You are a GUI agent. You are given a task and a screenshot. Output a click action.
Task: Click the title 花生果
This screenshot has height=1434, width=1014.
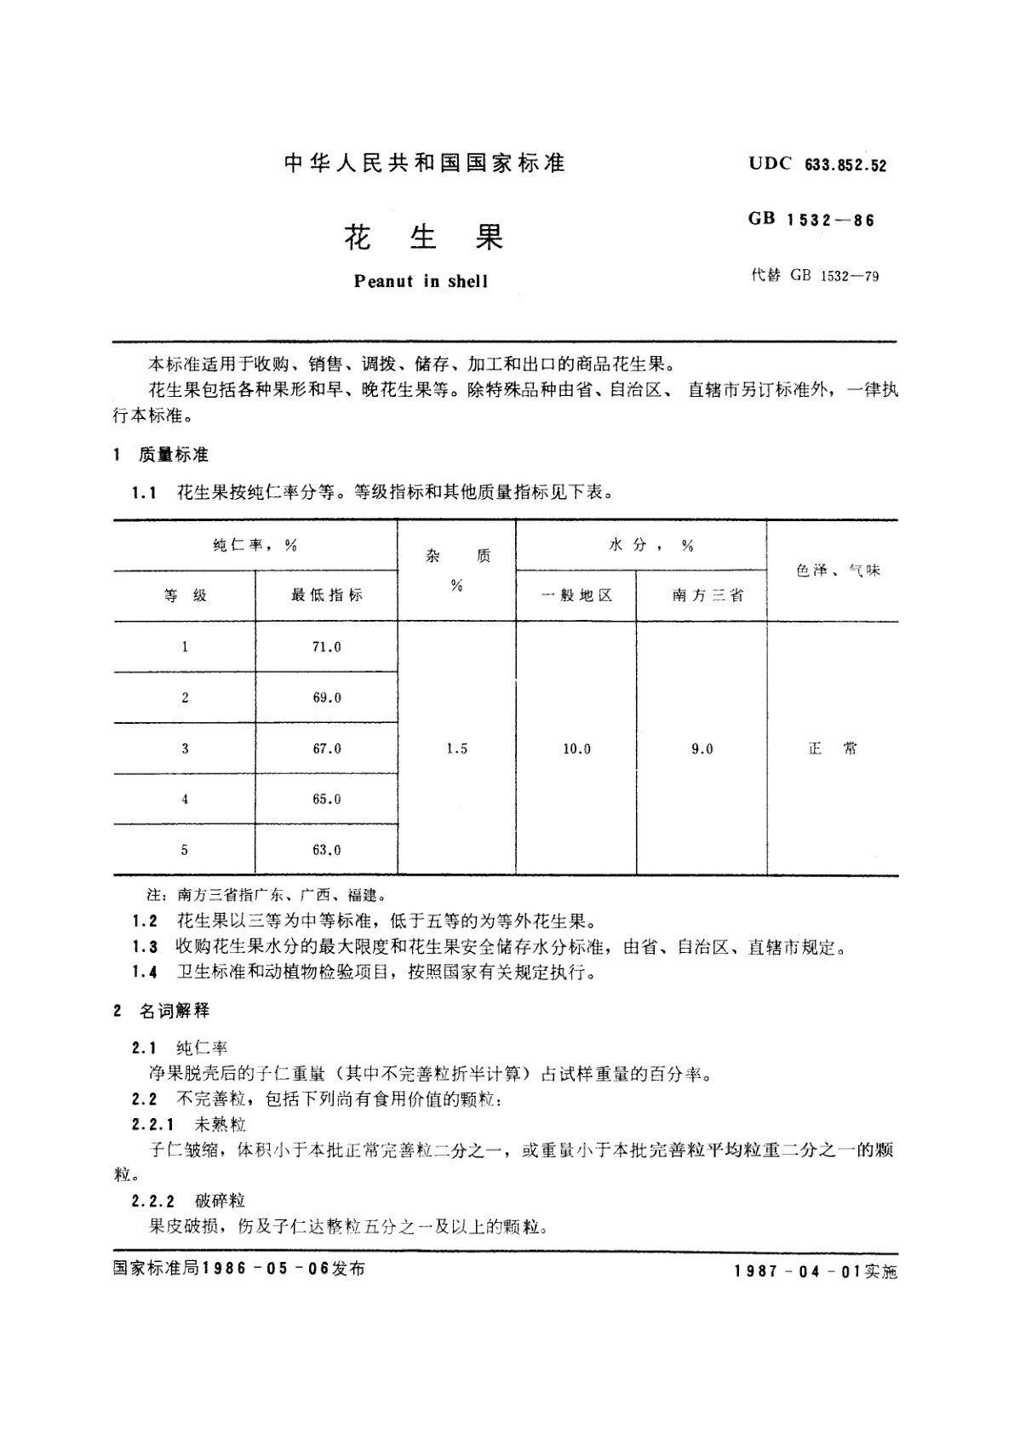pos(423,238)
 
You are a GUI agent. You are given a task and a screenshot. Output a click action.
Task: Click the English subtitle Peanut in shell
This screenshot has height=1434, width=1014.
pos(421,282)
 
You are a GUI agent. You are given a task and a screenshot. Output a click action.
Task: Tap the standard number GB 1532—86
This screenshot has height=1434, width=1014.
pos(811,220)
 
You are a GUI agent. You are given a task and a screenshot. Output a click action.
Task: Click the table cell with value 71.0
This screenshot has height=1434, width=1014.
pos(326,647)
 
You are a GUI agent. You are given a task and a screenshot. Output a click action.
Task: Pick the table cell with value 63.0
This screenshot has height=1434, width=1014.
pos(326,850)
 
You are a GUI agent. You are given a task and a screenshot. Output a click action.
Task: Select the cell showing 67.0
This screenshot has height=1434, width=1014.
pos(326,749)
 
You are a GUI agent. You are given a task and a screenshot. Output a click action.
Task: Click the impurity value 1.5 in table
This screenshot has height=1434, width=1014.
pos(456,749)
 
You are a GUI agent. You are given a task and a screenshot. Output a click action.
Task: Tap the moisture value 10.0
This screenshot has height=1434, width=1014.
pos(576,749)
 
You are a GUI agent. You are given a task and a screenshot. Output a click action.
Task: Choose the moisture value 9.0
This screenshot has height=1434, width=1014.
pos(702,749)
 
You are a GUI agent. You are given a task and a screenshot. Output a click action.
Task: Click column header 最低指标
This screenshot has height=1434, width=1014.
pos(326,595)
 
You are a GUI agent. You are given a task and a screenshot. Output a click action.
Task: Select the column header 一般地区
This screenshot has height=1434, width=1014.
pos(576,595)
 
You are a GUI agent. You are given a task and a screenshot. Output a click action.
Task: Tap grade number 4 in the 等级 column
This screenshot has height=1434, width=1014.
pos(185,799)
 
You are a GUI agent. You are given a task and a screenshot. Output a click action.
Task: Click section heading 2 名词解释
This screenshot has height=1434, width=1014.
pos(162,1011)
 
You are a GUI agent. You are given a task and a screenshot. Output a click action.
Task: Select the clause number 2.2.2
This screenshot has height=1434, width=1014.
pos(153,1201)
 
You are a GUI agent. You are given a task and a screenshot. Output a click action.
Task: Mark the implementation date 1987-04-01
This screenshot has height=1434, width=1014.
pos(796,1271)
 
